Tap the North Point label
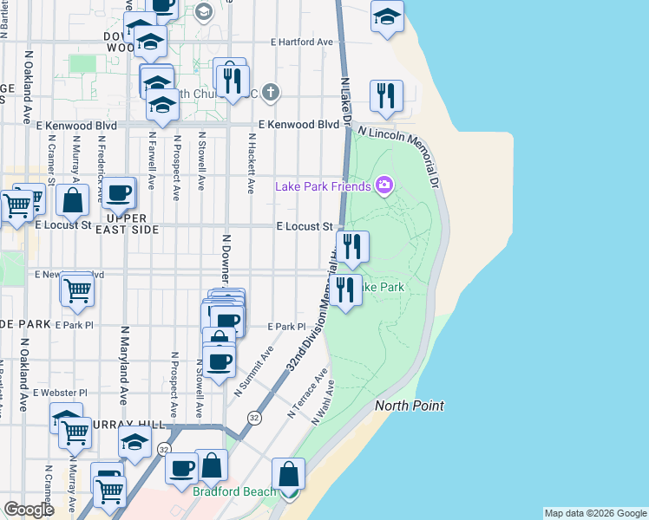tap(410, 406)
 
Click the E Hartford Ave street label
tap(302, 42)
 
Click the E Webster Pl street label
tap(60, 393)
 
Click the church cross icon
tap(271, 92)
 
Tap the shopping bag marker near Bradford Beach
tap(288, 476)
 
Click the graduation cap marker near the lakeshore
tap(387, 16)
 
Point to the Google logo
tap(29, 510)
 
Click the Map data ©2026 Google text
tap(595, 513)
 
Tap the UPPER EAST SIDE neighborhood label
tap(133, 224)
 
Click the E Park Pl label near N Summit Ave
tap(287, 327)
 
